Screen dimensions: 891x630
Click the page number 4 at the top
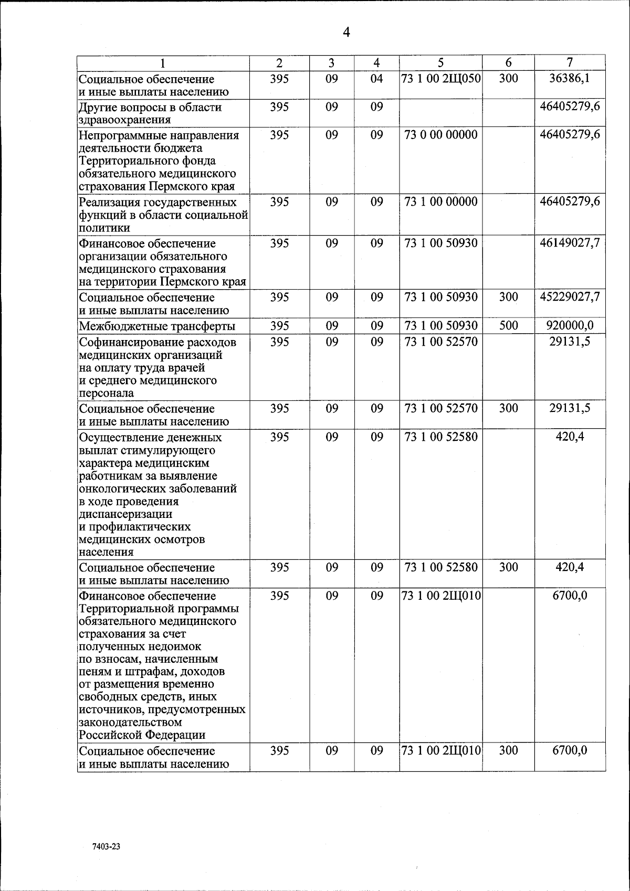click(x=346, y=33)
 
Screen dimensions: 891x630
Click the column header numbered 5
click(x=440, y=63)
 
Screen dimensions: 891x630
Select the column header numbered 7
click(x=570, y=62)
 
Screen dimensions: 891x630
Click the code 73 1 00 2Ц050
click(x=441, y=79)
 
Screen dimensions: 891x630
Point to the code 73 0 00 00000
click(x=441, y=135)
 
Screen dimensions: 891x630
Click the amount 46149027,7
click(x=570, y=243)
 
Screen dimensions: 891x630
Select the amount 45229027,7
click(x=570, y=297)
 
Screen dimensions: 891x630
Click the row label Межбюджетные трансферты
click(x=157, y=326)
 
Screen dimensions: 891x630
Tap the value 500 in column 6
click(x=508, y=325)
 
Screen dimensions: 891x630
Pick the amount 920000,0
click(x=570, y=325)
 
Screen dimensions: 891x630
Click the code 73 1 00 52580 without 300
click(x=441, y=437)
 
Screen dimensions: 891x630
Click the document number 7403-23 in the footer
click(x=106, y=847)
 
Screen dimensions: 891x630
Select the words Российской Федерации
click(x=142, y=735)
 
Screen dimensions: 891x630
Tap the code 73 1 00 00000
click(x=441, y=202)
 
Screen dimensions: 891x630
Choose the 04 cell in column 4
click(x=376, y=79)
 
